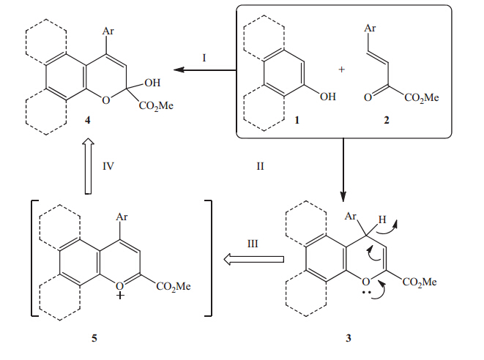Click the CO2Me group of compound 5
[x=173, y=286]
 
